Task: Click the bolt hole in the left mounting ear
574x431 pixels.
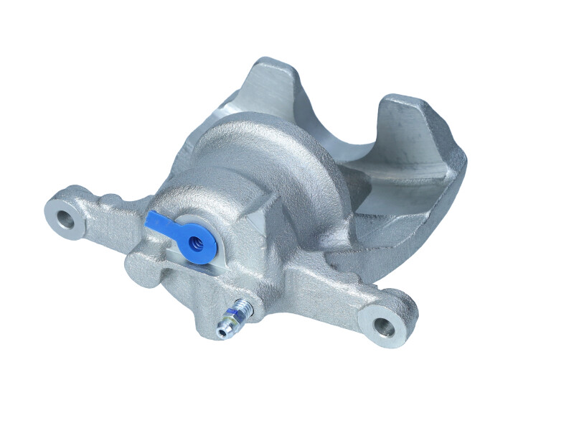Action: [66, 218]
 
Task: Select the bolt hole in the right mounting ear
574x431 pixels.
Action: [385, 328]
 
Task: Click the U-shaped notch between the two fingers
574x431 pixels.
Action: [337, 136]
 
